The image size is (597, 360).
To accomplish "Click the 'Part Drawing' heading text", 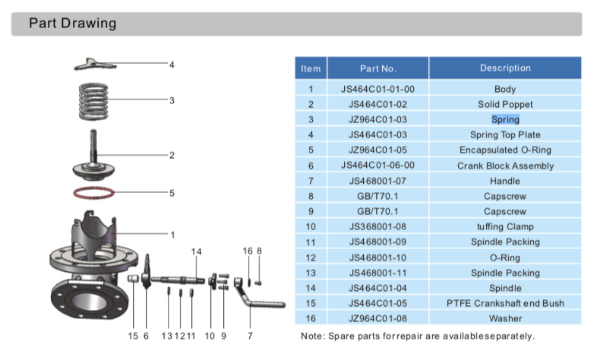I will (73, 23).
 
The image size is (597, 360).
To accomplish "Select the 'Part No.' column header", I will (378, 68).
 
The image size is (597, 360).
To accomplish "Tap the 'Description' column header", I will (505, 68).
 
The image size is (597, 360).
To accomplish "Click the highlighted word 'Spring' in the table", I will (505, 119).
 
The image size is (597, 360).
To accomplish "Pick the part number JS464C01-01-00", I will (378, 89).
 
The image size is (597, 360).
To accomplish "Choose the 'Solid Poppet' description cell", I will (505, 104).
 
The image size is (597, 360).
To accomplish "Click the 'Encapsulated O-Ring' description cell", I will (505, 150).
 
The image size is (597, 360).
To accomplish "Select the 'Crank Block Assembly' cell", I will (505, 166).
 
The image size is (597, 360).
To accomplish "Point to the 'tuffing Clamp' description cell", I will (505, 226).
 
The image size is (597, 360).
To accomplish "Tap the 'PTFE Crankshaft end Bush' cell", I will (505, 303).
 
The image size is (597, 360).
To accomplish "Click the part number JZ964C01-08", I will (378, 318).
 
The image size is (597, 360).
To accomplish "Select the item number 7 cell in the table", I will (311, 181).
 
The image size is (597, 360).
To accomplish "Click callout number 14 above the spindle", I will (197, 251).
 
